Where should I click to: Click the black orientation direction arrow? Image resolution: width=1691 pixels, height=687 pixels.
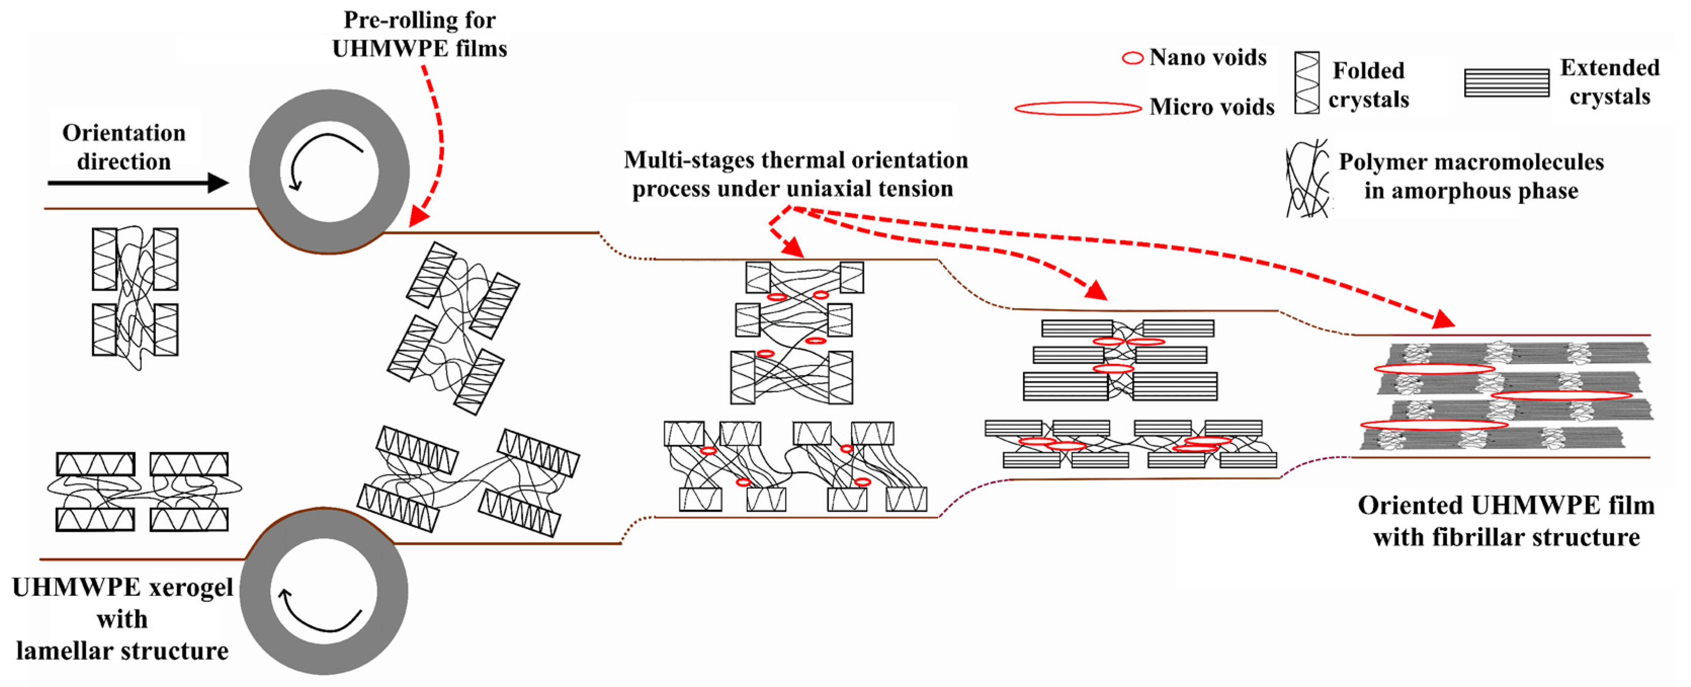(x=138, y=183)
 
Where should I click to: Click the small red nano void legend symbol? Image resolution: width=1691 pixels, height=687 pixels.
(x=1132, y=58)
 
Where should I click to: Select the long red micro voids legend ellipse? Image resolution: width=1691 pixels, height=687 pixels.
(x=1078, y=108)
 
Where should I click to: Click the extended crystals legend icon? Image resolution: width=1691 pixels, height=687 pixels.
(x=1506, y=83)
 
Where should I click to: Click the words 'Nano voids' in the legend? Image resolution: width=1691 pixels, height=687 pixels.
(x=1208, y=58)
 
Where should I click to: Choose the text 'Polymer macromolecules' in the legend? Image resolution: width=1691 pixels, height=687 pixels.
(x=1471, y=161)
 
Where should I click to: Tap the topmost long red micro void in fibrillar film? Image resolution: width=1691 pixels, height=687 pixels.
(x=1434, y=369)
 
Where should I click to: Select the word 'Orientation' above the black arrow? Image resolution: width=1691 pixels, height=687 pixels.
(x=124, y=133)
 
